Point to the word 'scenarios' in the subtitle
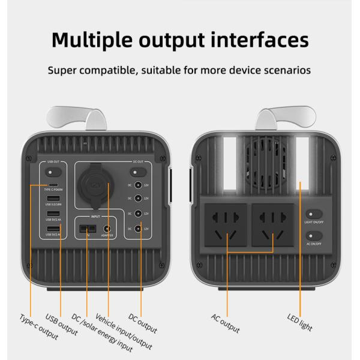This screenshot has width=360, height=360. click(284, 70)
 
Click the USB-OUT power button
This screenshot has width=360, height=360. click(52, 172)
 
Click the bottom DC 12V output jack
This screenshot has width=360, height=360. click(139, 229)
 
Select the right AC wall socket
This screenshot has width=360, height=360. click(272, 224)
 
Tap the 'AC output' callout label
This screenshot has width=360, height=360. click(225, 323)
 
